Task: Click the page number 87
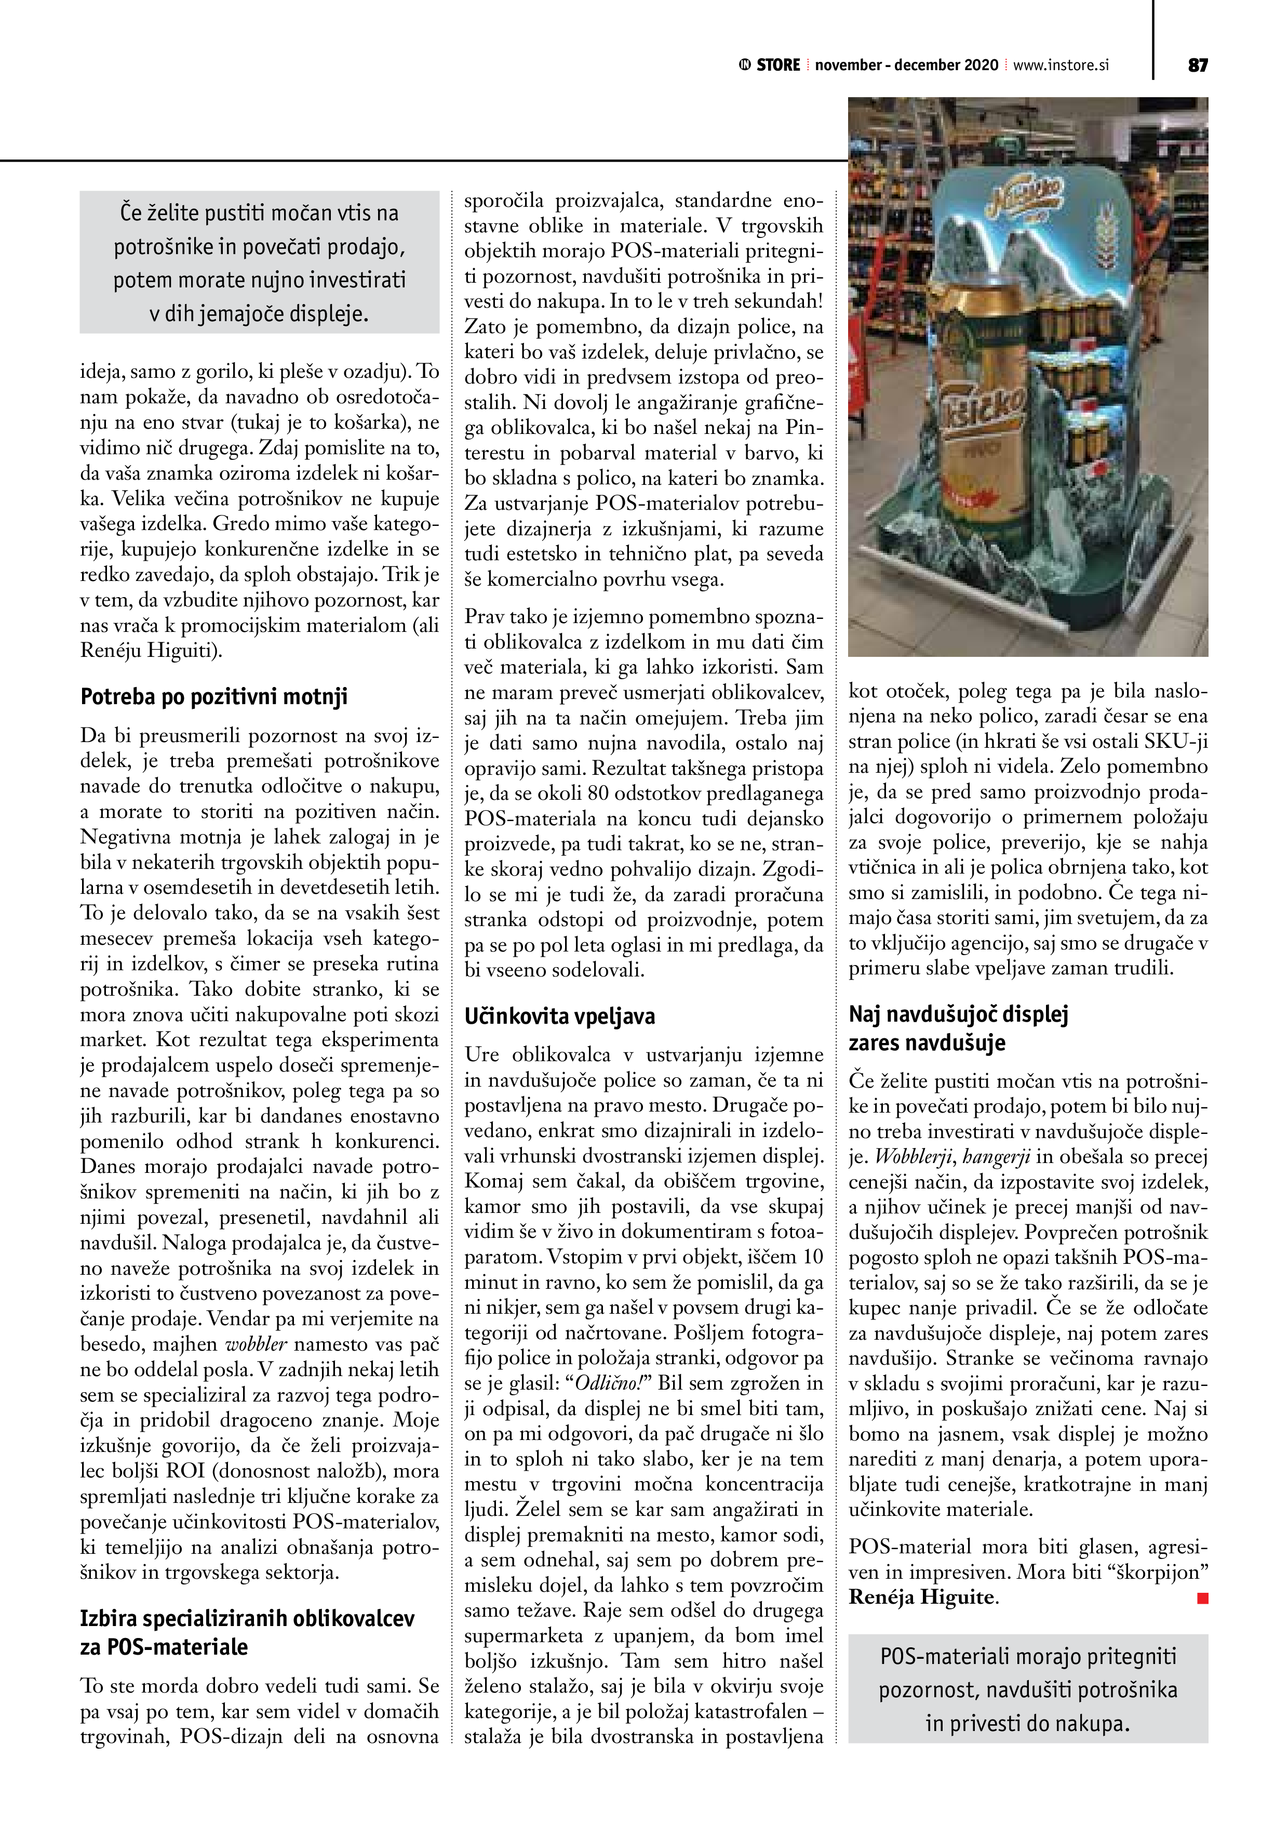1198,65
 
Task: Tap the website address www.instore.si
1060,65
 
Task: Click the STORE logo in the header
770,65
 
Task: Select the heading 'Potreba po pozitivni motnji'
214,697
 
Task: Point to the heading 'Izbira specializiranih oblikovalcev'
248,1618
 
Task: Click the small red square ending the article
1202,1599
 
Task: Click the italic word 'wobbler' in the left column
256,1345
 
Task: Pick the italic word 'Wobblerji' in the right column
911,1157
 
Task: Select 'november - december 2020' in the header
906,65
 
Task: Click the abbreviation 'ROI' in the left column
186,1471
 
